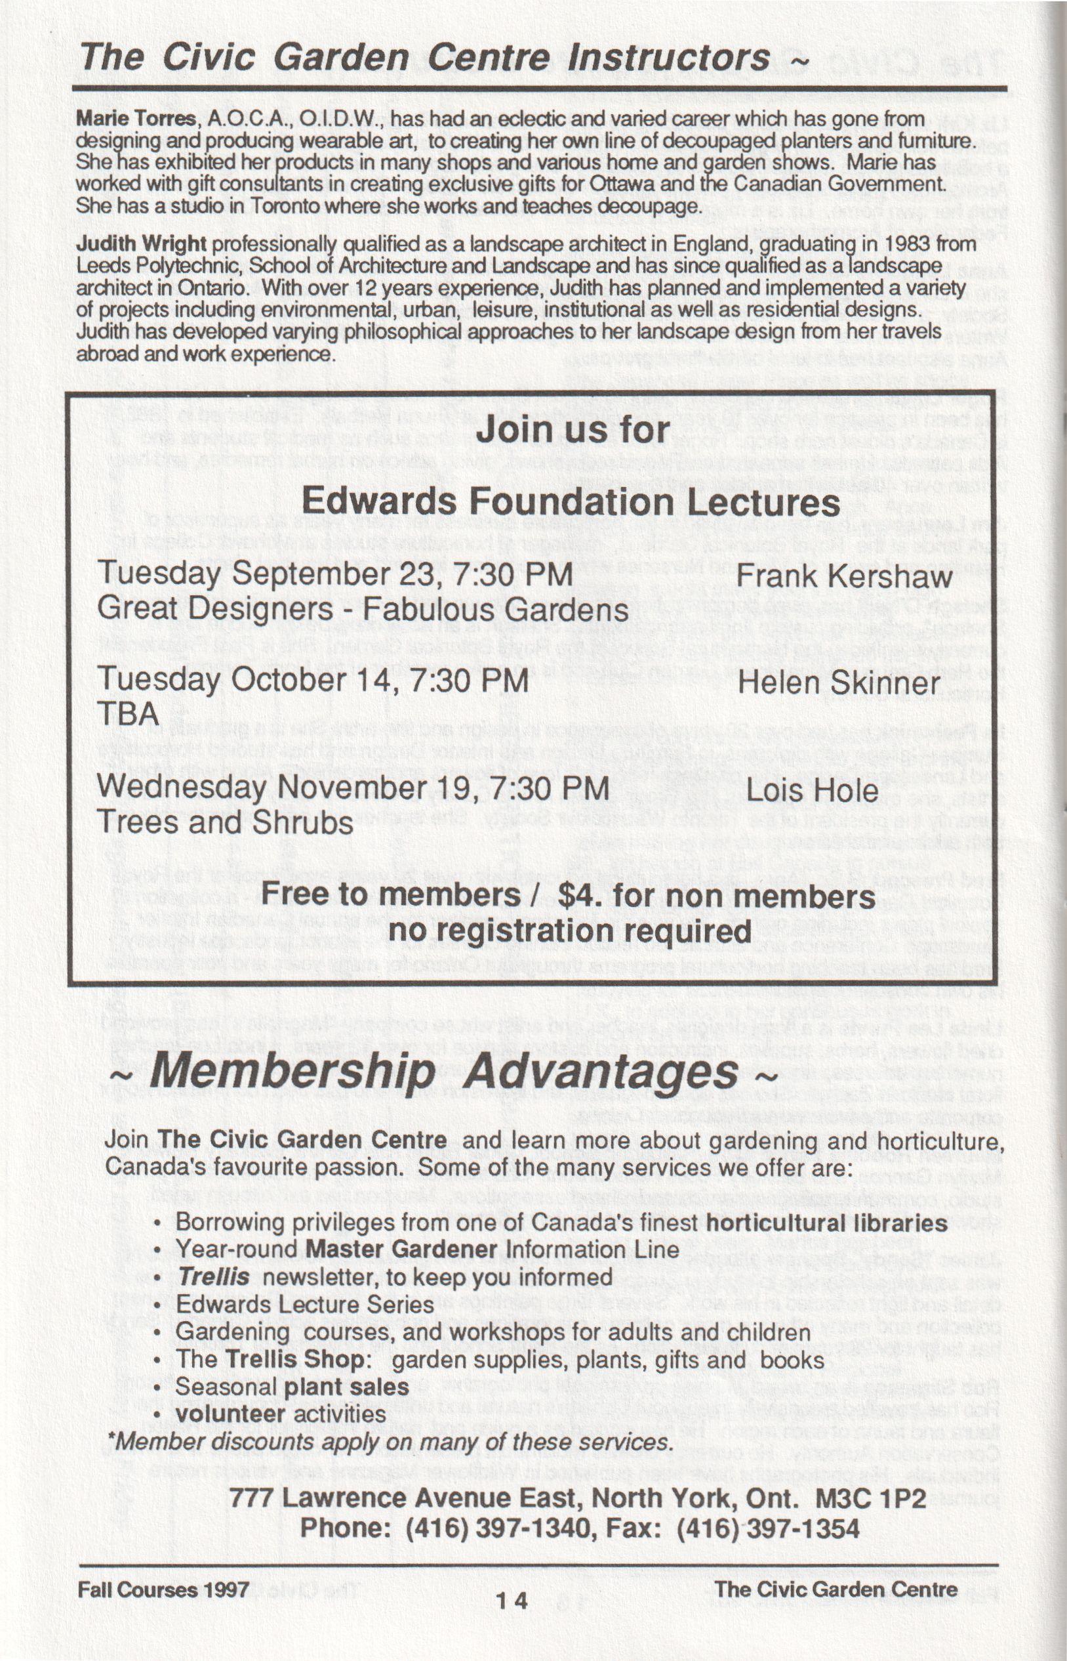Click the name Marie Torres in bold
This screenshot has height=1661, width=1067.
click(136, 119)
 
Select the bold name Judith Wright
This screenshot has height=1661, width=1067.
click(142, 244)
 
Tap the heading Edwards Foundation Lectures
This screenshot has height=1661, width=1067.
click(571, 501)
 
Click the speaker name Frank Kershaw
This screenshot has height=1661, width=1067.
click(844, 576)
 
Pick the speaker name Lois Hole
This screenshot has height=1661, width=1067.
click(811, 790)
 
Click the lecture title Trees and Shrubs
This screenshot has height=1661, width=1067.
click(225, 823)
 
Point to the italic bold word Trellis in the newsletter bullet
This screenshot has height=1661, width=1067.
click(213, 1276)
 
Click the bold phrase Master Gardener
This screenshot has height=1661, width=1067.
click(401, 1250)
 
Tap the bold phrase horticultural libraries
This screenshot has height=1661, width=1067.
click(826, 1222)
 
